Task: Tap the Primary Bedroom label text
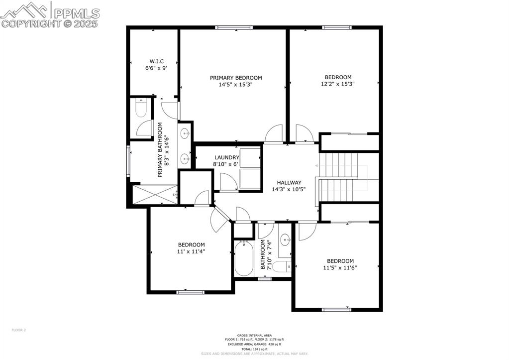[x=236, y=78]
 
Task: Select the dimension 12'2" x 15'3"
[x=338, y=84]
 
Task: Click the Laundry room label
[x=213, y=157]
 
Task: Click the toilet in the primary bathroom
[x=141, y=109]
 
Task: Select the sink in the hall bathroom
[x=286, y=240]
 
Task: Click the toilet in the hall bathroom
[x=282, y=266]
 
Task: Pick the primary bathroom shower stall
[x=153, y=195]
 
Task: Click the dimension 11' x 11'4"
[x=192, y=251]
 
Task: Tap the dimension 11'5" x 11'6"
[x=340, y=268]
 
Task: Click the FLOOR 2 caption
[x=18, y=330]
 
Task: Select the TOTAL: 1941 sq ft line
[x=254, y=349]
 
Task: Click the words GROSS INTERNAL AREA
[x=254, y=335]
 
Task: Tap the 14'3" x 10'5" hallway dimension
[x=289, y=189]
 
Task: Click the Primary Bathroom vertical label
[x=160, y=150]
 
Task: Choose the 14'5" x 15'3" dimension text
[x=236, y=85]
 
